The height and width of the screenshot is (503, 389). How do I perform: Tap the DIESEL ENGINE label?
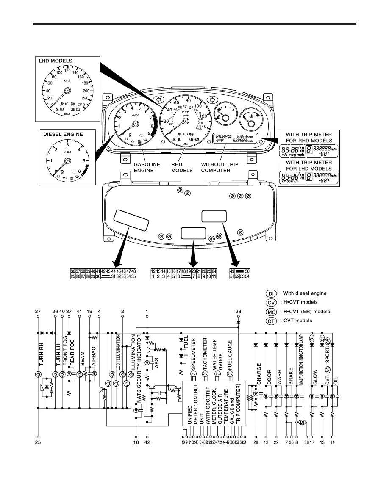coord(63,135)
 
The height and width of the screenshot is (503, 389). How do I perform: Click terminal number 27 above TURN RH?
coord(38,312)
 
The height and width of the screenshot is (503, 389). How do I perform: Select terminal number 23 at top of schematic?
coord(239,312)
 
